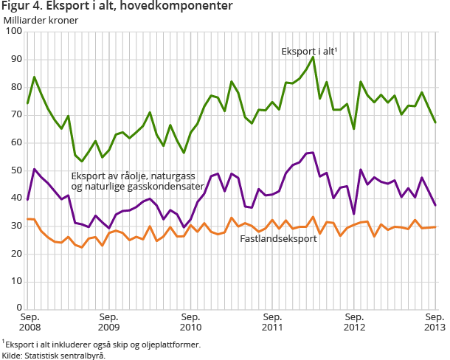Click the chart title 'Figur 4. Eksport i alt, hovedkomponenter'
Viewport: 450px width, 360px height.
pyautogui.click(x=118, y=7)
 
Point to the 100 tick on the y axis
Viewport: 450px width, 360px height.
pyautogui.click(x=13, y=32)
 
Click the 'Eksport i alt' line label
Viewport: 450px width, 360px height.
pyautogui.click(x=309, y=52)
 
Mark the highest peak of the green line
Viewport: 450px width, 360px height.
pyautogui.click(x=313, y=57)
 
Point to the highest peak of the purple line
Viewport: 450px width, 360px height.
pyautogui.click(x=313, y=153)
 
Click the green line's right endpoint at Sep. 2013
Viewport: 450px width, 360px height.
pyautogui.click(x=435, y=122)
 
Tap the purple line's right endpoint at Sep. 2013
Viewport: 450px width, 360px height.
pyautogui.click(x=435, y=205)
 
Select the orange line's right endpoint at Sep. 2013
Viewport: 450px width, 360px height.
pyautogui.click(x=435, y=227)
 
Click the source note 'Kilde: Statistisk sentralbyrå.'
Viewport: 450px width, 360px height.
pyautogui.click(x=54, y=355)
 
